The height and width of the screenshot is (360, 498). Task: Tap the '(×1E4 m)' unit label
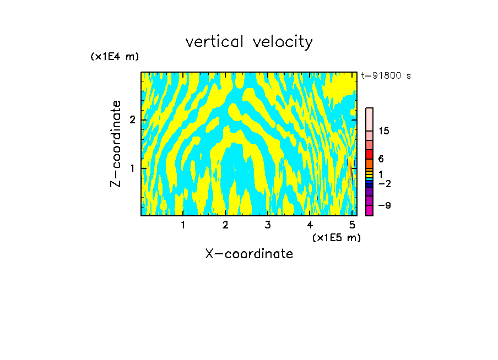(115, 57)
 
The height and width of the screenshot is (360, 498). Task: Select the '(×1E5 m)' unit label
(336, 237)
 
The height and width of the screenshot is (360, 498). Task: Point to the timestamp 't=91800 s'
(386, 76)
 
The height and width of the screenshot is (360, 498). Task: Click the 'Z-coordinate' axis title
(116, 144)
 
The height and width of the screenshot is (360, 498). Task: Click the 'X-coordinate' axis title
(249, 254)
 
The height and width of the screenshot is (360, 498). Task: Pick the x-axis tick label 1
(183, 225)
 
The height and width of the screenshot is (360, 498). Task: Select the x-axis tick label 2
(225, 225)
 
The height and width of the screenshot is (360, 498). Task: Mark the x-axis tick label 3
(268, 225)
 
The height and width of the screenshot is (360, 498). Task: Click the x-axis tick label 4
(310, 225)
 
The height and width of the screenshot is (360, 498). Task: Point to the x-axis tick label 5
(352, 225)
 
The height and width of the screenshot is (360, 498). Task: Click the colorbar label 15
(384, 131)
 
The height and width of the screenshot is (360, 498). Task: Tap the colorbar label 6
(381, 159)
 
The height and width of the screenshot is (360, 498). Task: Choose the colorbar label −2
(384, 184)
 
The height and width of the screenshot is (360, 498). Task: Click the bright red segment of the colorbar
(370, 154)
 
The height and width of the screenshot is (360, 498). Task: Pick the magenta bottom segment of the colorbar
(370, 210)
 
